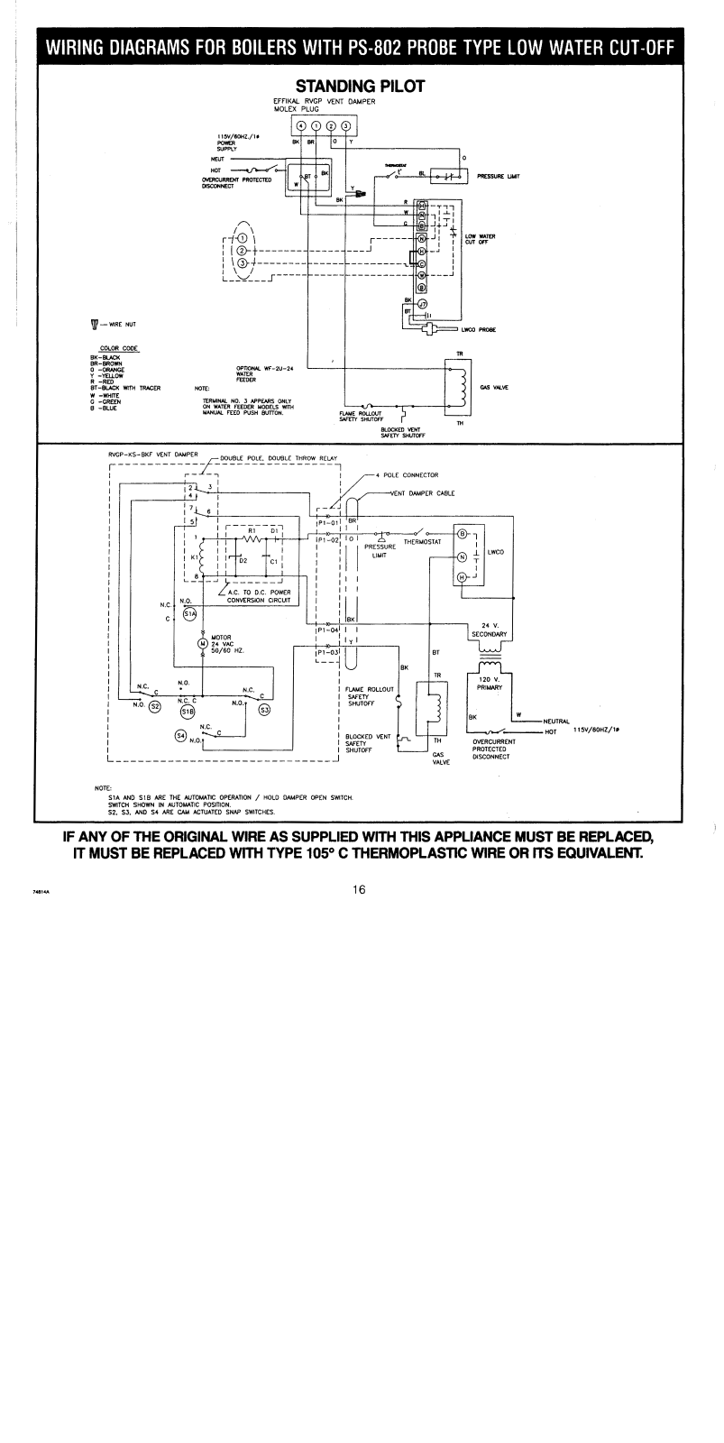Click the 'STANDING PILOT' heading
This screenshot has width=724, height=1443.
click(361, 86)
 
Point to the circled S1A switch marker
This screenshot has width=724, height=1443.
click(189, 614)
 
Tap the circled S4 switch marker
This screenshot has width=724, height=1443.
click(180, 735)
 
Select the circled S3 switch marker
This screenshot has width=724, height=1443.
click(264, 708)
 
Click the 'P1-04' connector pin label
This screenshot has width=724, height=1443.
click(327, 632)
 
